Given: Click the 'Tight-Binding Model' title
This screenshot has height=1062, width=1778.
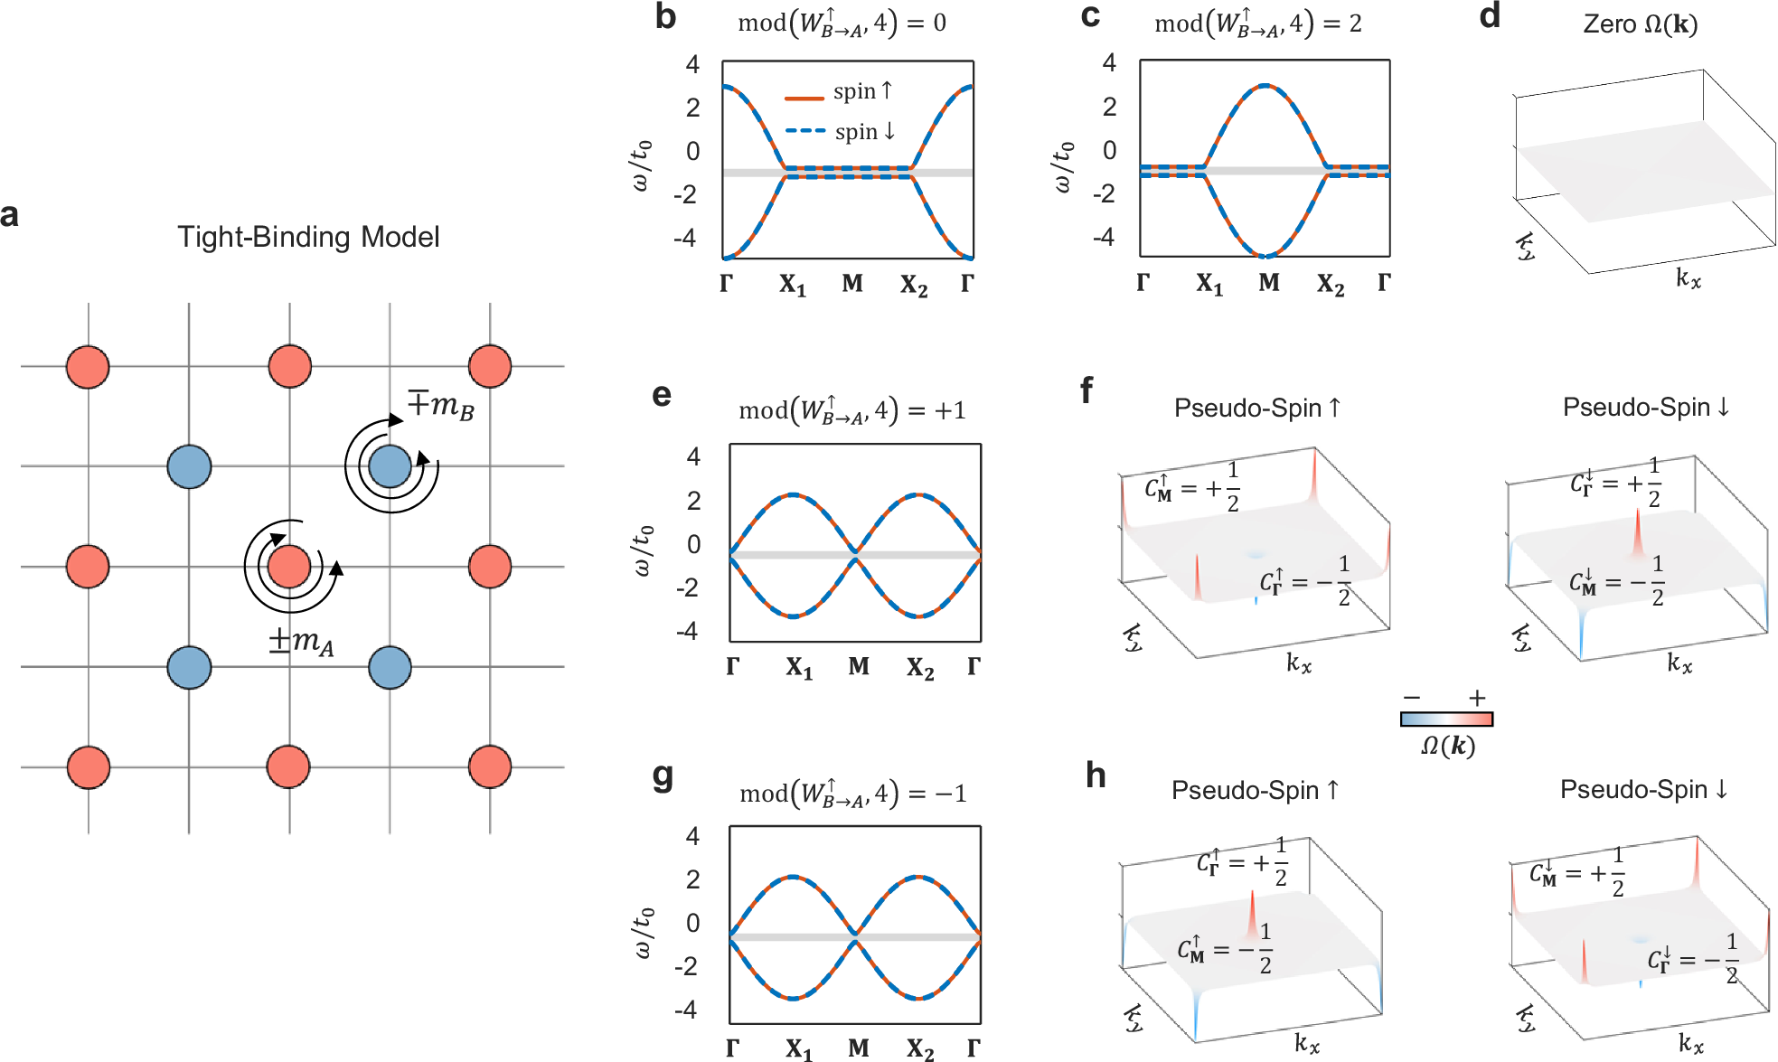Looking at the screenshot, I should (x=308, y=237).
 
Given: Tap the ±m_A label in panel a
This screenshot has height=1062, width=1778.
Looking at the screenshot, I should (x=301, y=641).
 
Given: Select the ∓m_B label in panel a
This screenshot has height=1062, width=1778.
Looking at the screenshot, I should (x=440, y=404).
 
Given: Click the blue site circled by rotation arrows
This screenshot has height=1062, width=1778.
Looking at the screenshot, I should (x=390, y=466).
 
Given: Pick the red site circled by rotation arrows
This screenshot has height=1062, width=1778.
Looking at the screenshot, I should (x=289, y=567).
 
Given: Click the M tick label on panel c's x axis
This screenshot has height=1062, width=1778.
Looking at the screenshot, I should (x=1269, y=283).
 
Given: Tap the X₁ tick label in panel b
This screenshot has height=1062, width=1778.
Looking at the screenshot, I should (x=793, y=286).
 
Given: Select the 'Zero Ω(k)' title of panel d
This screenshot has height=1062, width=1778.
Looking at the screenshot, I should (x=1640, y=23).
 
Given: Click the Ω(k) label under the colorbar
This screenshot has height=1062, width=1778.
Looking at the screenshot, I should (x=1447, y=746).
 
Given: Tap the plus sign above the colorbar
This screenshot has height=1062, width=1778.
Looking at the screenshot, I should (x=1477, y=698).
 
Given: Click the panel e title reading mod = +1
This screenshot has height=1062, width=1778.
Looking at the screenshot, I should (x=851, y=410).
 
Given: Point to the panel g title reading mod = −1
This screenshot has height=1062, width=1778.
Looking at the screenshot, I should (x=852, y=794).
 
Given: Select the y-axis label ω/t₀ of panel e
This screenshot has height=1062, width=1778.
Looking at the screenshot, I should (x=641, y=550).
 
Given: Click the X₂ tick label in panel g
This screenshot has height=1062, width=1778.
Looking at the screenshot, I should (x=920, y=1048).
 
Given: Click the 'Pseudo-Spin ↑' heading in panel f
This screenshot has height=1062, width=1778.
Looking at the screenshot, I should (x=1257, y=409).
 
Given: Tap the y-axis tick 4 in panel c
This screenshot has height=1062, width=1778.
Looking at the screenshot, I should (x=1109, y=62).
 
